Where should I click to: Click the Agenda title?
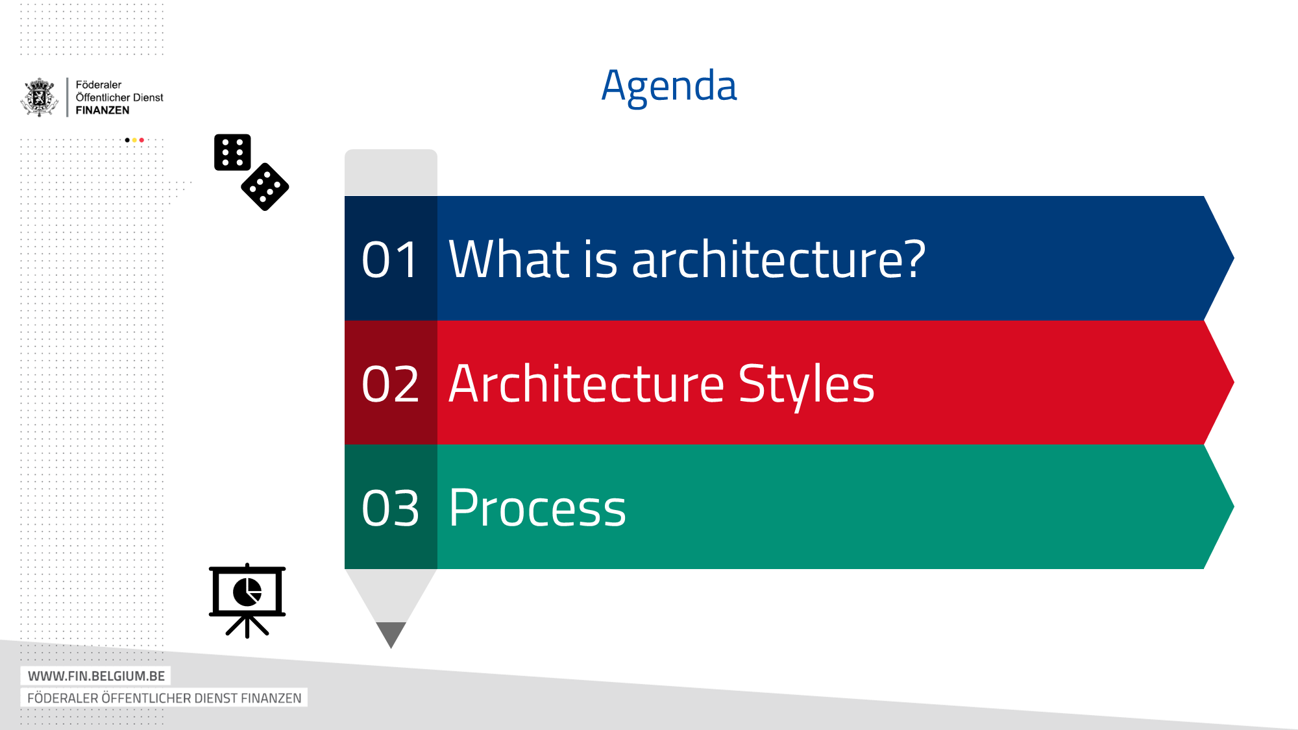coord(669,86)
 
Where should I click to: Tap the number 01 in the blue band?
coord(389,260)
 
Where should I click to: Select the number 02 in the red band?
coord(390,384)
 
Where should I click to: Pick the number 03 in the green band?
coord(390,508)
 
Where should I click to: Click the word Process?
coord(537,508)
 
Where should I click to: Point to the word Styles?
coord(806,385)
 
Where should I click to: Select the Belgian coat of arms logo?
coord(40,97)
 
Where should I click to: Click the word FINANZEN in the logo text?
coord(103,110)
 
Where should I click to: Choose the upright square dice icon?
coord(232,152)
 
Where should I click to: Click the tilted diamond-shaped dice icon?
coord(265,187)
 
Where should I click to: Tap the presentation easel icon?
coord(247,601)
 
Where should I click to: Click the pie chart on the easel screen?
coord(247,592)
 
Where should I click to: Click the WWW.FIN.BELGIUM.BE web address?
coord(96,676)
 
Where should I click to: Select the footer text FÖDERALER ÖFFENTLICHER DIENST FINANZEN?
coord(164,698)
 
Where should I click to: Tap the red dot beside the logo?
coord(141,140)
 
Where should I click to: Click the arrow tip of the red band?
coord(1234,383)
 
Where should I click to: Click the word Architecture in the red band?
coord(587,384)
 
